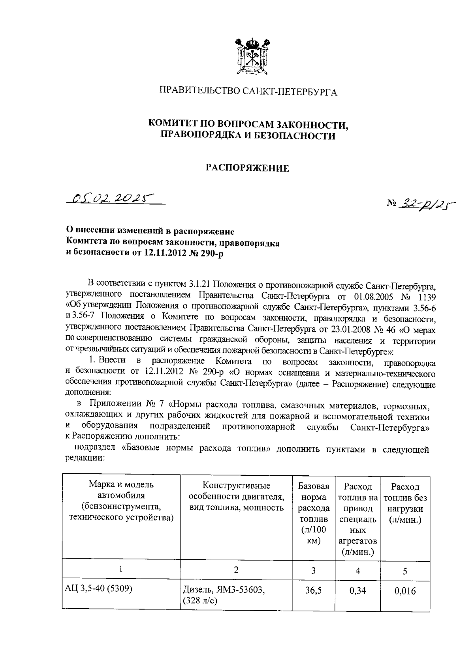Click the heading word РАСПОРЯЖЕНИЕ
click(248, 168)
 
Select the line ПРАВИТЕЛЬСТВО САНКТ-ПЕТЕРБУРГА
click(248, 92)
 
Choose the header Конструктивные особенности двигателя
click(236, 496)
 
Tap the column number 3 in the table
click(313, 570)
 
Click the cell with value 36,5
click(313, 591)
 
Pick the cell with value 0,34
click(357, 591)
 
